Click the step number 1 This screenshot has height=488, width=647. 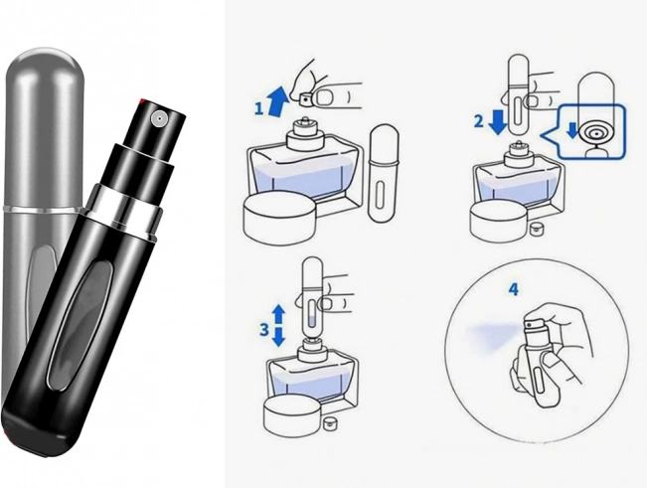pos(258,108)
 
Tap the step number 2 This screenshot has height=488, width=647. pos(479,121)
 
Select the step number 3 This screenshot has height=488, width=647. pos(264,329)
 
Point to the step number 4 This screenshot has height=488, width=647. pos(513,289)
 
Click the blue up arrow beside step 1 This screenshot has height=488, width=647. pos(277,99)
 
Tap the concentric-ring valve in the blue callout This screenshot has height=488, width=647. pos(593,133)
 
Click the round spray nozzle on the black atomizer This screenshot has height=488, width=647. pos(159,119)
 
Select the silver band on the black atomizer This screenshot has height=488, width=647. pos(123,209)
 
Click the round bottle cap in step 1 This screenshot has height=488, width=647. pos(279,217)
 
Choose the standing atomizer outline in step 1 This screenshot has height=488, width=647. pos(384,173)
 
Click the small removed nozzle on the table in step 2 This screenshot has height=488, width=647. pos(535,228)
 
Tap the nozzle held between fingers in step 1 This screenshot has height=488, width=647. pos(305,98)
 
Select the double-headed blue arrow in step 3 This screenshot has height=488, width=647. pos(279,325)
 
